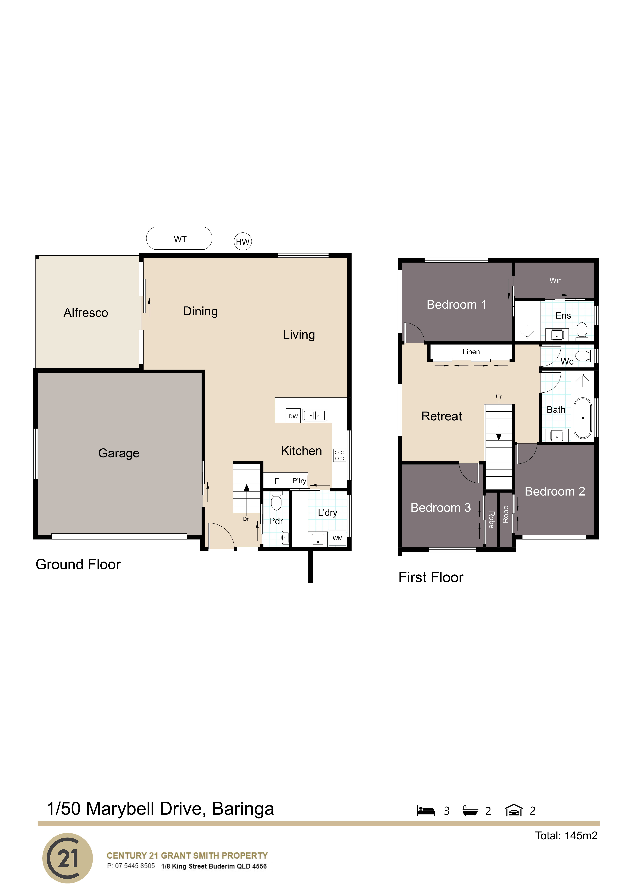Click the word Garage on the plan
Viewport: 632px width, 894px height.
click(x=119, y=453)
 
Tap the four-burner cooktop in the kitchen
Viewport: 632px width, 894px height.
click(x=340, y=455)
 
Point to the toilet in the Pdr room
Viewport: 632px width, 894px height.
click(x=276, y=502)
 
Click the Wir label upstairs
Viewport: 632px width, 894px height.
click(x=555, y=280)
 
